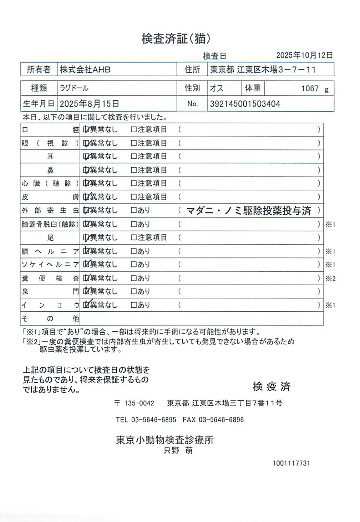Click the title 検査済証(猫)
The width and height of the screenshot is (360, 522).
click(x=176, y=39)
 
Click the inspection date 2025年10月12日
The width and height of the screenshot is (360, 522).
click(x=304, y=55)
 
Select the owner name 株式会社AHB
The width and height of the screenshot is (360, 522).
click(x=85, y=70)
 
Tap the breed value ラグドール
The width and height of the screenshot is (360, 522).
click(x=74, y=88)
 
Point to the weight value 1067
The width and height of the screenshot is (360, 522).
click(x=310, y=89)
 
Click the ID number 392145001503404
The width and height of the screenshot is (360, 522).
click(x=245, y=104)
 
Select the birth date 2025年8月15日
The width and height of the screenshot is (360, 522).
click(x=89, y=104)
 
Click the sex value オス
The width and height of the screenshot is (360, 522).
click(x=217, y=88)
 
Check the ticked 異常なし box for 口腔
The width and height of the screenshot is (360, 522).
click(x=86, y=130)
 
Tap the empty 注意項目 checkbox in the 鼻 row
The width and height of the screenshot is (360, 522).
click(x=134, y=170)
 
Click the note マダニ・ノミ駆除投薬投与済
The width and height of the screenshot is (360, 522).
click(x=249, y=211)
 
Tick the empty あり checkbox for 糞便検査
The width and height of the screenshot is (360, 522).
click(x=134, y=278)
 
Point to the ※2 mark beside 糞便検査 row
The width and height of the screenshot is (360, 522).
click(x=330, y=278)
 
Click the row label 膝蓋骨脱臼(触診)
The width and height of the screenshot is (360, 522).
click(x=50, y=224)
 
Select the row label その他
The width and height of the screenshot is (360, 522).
click(x=50, y=318)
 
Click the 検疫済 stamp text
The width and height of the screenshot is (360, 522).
click(x=272, y=386)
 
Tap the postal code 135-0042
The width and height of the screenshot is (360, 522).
click(x=139, y=403)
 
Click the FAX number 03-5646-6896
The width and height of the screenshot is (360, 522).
click(x=221, y=420)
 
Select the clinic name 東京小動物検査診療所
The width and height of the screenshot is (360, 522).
click(x=165, y=440)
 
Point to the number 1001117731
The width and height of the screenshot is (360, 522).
click(x=291, y=463)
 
